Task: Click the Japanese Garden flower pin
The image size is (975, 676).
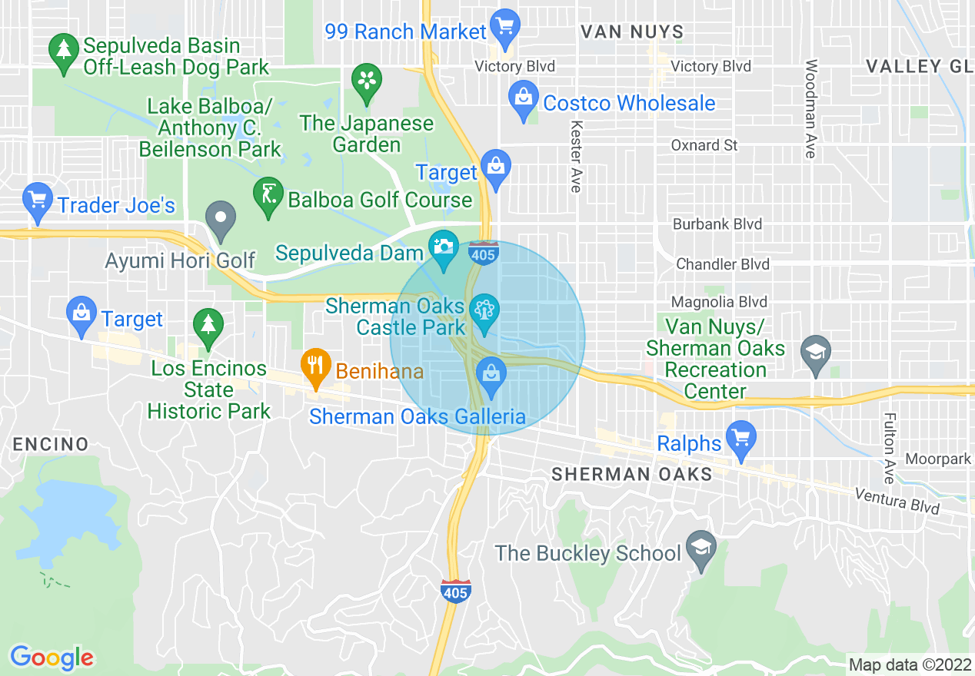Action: click(367, 80)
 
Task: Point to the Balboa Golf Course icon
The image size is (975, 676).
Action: click(268, 195)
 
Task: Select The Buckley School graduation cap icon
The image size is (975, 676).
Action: click(700, 548)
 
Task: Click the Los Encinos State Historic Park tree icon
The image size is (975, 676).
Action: click(208, 325)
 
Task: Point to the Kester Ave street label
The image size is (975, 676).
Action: click(575, 154)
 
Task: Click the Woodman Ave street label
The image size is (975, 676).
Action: click(810, 108)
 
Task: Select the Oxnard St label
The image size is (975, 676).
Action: click(704, 145)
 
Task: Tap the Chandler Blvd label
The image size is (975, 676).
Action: click(722, 264)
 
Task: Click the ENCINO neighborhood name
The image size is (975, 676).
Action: click(51, 444)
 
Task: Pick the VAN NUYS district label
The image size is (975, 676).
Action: click(631, 31)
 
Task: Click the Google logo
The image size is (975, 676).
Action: click(52, 658)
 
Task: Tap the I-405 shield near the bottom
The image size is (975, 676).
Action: click(455, 591)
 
